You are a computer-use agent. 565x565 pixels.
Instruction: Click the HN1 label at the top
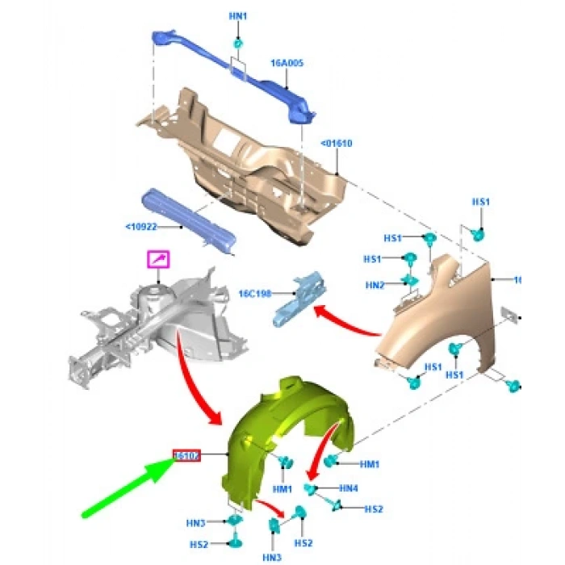click(x=238, y=15)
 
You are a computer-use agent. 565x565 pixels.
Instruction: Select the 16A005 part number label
click(x=287, y=61)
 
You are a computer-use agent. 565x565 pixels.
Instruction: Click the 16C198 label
click(x=256, y=294)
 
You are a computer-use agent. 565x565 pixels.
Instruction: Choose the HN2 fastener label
click(x=375, y=284)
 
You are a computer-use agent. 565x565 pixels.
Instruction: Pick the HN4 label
click(x=349, y=488)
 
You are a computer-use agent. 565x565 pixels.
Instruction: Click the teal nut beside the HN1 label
click(x=238, y=42)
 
